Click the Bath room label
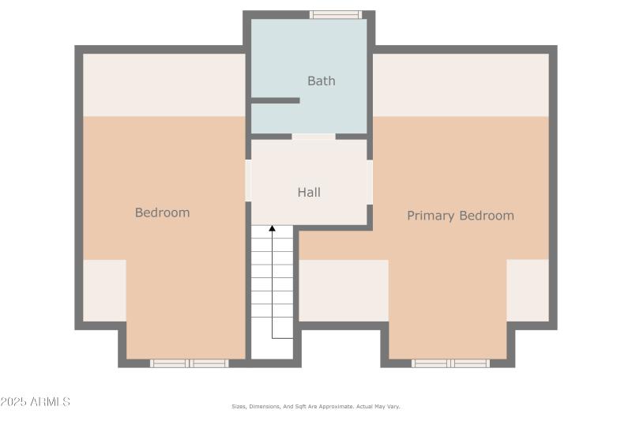click(x=321, y=81)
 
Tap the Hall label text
click(x=309, y=192)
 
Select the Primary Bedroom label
click(x=460, y=216)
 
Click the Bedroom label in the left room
click(x=162, y=212)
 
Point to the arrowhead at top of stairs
click(x=272, y=228)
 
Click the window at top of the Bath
click(x=335, y=14)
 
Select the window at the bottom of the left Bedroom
click(x=189, y=363)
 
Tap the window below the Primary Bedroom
click(x=450, y=363)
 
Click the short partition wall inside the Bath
click(x=275, y=100)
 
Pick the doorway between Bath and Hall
click(x=314, y=137)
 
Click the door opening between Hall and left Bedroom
click(x=248, y=180)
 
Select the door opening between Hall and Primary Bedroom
click(x=369, y=182)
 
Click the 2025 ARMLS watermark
click(x=36, y=402)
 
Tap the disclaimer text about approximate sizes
click(x=315, y=406)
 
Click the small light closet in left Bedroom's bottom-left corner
click(x=104, y=290)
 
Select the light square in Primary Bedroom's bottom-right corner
click(x=527, y=290)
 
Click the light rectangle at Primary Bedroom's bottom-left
click(x=344, y=290)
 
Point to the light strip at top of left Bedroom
click(x=164, y=85)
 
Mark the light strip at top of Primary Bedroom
click(x=461, y=85)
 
